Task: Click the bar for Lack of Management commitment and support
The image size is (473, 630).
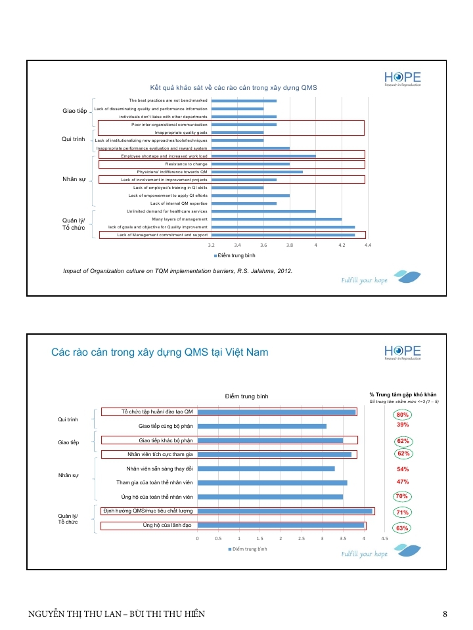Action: (282, 234)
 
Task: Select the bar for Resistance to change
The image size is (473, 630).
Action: (250, 164)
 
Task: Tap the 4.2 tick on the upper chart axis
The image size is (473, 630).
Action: (342, 244)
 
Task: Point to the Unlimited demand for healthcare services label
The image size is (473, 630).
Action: (167, 211)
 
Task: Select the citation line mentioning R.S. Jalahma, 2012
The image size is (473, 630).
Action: (177, 270)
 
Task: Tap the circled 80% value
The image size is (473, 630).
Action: (402, 415)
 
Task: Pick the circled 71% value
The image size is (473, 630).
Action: (402, 512)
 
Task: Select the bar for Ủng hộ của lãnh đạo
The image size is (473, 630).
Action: (281, 525)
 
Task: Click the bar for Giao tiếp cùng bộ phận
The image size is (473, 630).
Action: (261, 426)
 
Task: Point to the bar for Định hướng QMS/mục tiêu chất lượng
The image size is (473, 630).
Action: (284, 511)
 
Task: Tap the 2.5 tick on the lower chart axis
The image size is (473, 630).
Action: (302, 538)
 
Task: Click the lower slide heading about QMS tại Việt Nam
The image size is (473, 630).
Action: (160, 352)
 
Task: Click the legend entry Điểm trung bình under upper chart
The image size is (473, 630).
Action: (235, 255)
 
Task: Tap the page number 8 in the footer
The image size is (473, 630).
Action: (445, 614)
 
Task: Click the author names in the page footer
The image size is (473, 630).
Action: (116, 614)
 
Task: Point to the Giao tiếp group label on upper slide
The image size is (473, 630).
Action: (74, 110)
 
